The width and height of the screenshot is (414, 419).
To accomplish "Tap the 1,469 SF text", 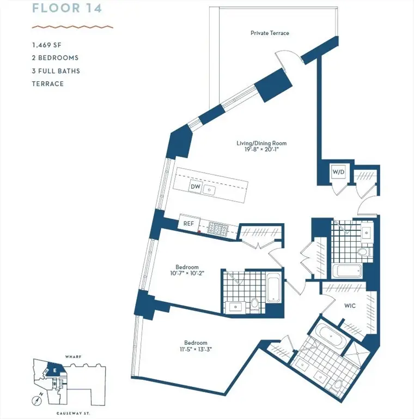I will [47, 45].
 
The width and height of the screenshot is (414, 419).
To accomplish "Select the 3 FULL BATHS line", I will [56, 71].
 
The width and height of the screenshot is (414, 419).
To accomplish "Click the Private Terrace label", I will [270, 33].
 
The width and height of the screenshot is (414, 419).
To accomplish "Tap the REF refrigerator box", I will [188, 224].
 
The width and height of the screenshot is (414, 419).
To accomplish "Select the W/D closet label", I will [338, 172].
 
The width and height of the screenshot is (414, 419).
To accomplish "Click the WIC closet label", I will [350, 306].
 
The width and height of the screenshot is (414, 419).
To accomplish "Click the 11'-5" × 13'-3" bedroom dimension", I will [191, 349].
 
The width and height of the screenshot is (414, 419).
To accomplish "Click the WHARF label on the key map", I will [72, 356].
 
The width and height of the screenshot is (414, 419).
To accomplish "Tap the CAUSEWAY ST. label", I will [72, 414].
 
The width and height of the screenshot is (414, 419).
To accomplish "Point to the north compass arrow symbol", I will [36, 400].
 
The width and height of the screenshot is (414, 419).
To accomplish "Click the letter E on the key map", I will [55, 370].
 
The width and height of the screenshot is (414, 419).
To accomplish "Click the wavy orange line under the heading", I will [72, 26].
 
